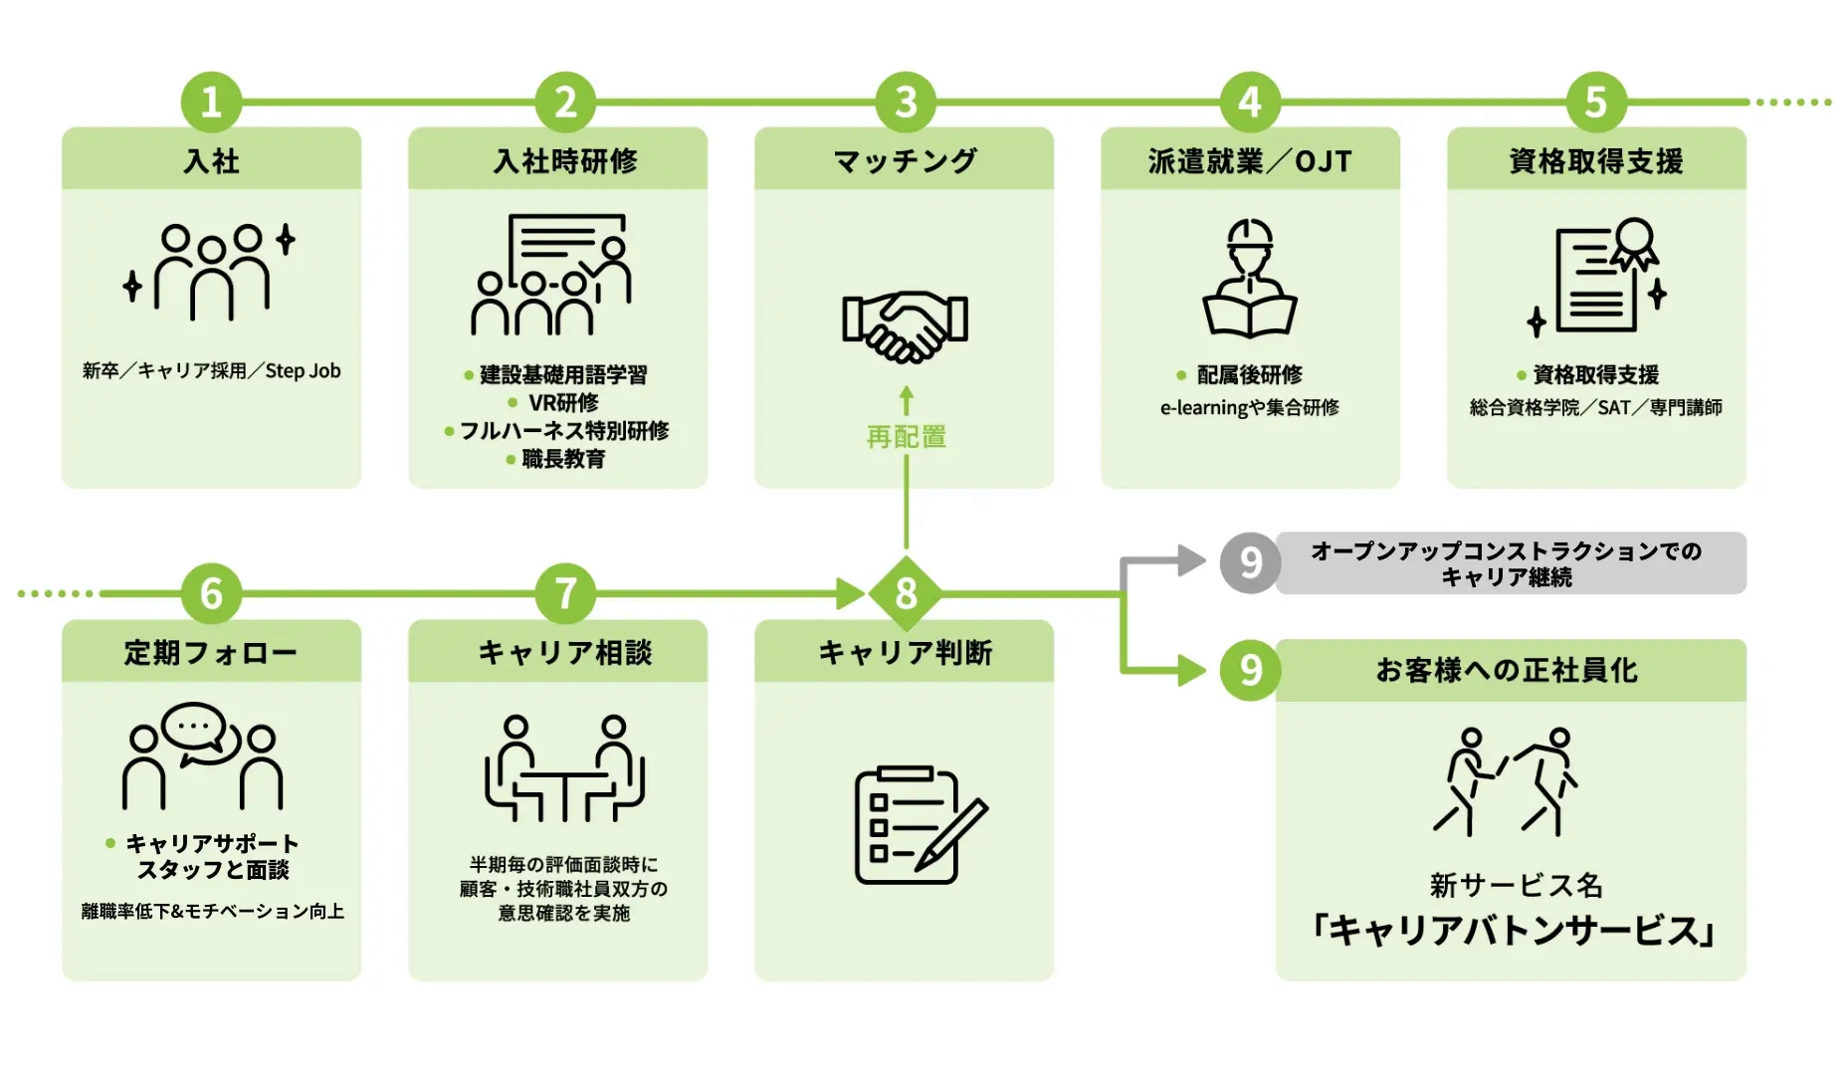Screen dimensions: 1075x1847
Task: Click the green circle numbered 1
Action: [211, 102]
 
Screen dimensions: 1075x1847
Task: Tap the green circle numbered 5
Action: [1595, 102]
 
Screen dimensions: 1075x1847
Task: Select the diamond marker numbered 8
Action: [906, 594]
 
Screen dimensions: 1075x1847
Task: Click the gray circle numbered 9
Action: [1250, 563]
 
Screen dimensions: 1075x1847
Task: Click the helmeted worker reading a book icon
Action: [1250, 278]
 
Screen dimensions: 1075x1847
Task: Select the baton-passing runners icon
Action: [1506, 781]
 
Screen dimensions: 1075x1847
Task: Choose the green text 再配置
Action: [906, 437]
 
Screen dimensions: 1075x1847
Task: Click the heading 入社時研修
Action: [565, 160]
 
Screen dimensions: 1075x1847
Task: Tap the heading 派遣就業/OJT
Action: [1250, 160]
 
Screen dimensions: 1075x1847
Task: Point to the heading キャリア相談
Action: [565, 653]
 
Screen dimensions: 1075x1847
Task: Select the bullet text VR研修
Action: [563, 402]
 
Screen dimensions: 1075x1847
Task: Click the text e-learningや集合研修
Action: [1250, 407]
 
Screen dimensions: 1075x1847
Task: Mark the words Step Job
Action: [303, 371]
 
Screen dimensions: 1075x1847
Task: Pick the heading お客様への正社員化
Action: [1506, 671]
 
